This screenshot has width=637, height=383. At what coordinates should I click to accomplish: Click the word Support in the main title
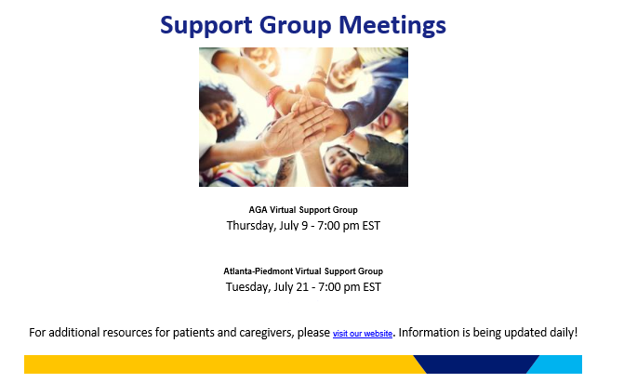206,26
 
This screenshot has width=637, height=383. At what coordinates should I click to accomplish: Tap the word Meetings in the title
392,26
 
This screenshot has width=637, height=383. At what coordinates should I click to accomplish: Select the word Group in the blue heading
296,26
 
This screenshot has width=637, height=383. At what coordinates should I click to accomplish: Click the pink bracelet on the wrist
273,95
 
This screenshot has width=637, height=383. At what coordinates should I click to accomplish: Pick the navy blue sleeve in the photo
374,98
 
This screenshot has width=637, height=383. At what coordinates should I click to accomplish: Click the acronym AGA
258,210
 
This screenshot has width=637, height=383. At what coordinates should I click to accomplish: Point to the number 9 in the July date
304,225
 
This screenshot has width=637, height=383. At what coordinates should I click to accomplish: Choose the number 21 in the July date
302,287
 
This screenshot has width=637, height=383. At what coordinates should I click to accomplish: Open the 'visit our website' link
363,334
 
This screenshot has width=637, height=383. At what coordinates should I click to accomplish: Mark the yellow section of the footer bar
219,364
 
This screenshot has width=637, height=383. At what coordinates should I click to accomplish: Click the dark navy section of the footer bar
476,364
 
